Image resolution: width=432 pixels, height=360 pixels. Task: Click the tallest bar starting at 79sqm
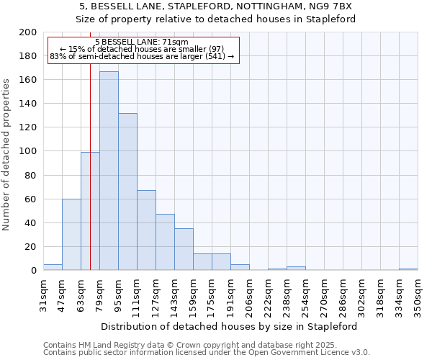click(109, 171)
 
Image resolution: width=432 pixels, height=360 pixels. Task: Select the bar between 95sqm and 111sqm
click(127, 192)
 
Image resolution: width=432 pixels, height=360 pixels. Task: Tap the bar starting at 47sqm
click(71, 234)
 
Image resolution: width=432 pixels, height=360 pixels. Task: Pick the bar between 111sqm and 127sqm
click(146, 230)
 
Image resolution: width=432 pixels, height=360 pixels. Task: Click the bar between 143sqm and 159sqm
click(184, 249)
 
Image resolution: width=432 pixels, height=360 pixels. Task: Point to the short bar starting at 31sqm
click(53, 267)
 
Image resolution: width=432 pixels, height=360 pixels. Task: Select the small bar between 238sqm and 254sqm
click(296, 269)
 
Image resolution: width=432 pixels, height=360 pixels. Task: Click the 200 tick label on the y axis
click(28, 32)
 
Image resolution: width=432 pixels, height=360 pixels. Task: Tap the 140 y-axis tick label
click(28, 104)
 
